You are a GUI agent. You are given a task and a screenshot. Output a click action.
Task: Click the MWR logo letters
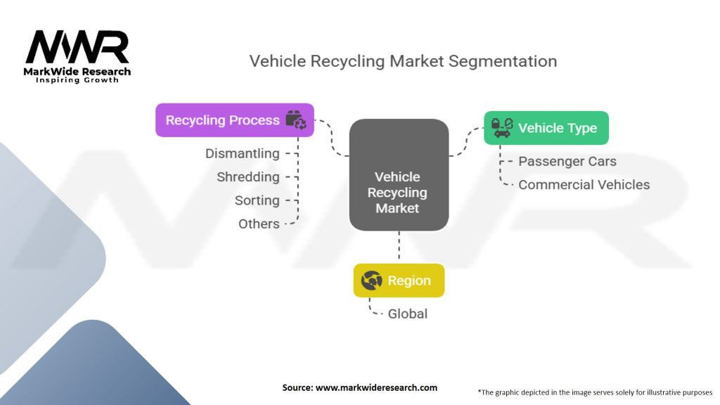[x=77, y=47]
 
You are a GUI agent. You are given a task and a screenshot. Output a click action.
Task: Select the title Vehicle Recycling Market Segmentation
[x=403, y=61]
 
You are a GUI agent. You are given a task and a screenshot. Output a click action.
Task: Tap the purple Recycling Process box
[x=235, y=120]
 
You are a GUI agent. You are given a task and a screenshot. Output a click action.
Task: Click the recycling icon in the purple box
[x=296, y=120]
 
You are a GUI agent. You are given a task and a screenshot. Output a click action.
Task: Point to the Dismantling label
[x=242, y=153]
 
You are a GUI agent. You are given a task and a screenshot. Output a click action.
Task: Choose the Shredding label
[x=248, y=176]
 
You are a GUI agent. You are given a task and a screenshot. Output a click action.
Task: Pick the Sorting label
[x=257, y=200]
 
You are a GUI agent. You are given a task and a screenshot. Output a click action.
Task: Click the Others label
[x=259, y=224]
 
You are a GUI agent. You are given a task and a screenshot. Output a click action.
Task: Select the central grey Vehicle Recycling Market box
[x=399, y=175]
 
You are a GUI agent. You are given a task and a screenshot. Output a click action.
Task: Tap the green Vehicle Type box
[x=546, y=128]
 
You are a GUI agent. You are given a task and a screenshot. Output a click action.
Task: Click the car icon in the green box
[x=502, y=128]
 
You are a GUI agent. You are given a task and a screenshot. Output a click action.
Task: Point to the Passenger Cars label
[x=567, y=161]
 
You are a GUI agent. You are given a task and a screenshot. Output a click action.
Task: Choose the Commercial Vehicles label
[x=584, y=185]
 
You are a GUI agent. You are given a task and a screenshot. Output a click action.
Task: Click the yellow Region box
[x=399, y=280]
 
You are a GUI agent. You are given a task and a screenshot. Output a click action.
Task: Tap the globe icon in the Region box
[x=371, y=280]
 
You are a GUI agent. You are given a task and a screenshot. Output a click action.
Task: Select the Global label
[x=407, y=314]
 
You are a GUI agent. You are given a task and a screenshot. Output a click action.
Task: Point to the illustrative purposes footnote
[x=595, y=392]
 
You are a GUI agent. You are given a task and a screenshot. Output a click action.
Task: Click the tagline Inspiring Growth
[x=77, y=80]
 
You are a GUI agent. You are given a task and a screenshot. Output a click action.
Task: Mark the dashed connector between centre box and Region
[x=399, y=247]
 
